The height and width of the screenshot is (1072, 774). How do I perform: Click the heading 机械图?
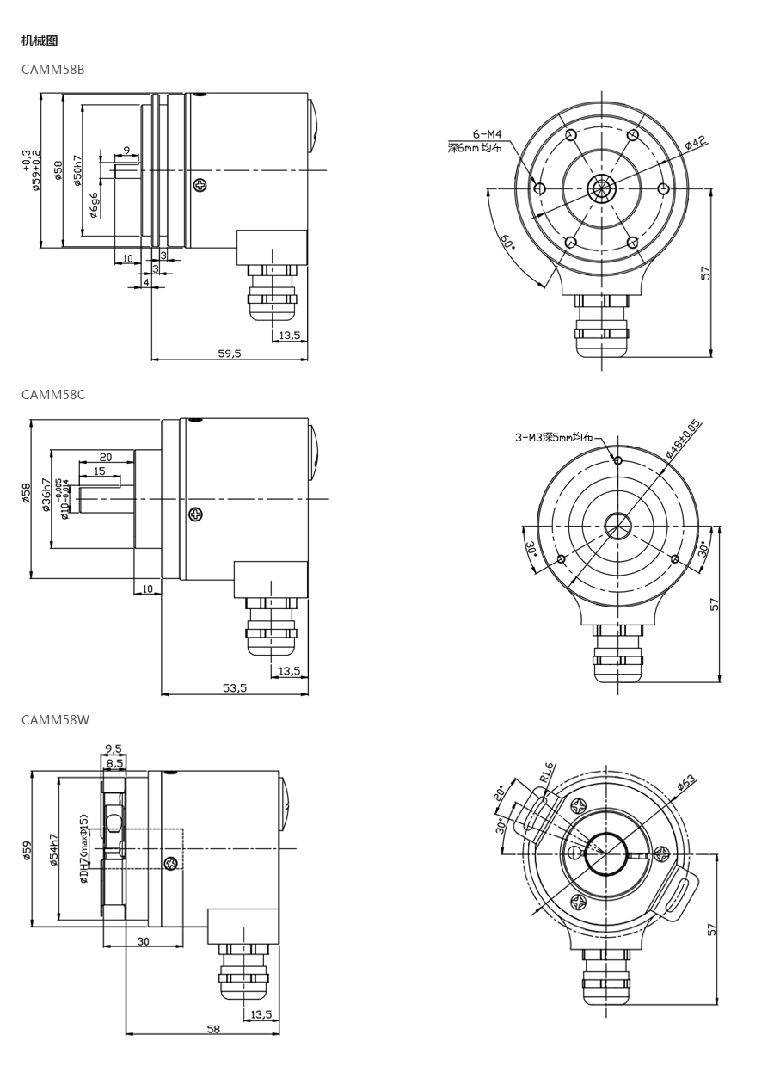[40, 40]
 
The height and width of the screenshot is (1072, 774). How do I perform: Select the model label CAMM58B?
[53, 69]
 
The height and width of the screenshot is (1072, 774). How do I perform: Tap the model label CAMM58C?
[53, 395]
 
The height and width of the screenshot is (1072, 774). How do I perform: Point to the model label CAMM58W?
[55, 719]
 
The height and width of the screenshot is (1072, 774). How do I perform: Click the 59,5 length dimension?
[230, 353]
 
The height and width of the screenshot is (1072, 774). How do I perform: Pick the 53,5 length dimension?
[235, 687]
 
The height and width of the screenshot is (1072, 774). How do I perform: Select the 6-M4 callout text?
[487, 134]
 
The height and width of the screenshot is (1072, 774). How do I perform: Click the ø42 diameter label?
[695, 143]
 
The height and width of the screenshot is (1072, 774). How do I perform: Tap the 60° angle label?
[507, 243]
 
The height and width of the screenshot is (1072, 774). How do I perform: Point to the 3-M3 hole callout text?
[554, 437]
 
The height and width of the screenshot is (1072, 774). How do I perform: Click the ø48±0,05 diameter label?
[684, 438]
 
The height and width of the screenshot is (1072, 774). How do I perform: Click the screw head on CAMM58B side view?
[200, 185]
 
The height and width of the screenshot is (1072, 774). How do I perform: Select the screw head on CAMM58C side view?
[196, 514]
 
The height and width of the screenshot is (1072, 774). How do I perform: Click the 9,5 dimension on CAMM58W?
[113, 749]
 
